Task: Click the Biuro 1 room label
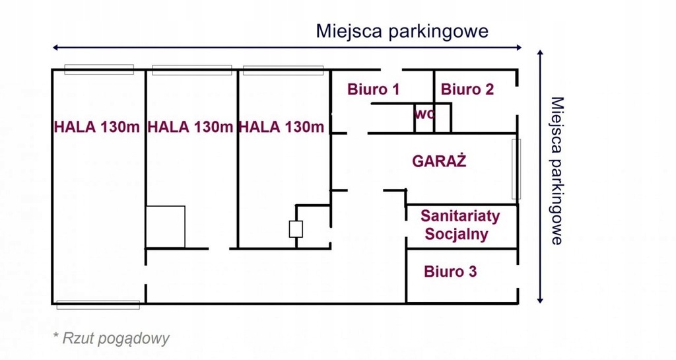click(374, 90)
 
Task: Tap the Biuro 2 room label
click(467, 90)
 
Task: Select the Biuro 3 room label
click(450, 271)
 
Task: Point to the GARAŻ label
click(439, 161)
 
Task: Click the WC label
click(424, 114)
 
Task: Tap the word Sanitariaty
click(460, 215)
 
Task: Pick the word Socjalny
click(456, 234)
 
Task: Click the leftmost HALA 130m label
click(96, 127)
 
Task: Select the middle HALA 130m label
click(190, 127)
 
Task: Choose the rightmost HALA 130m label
click(281, 127)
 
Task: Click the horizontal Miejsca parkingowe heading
click(402, 31)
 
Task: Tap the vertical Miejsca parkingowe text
click(557, 170)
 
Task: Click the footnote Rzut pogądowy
click(111, 338)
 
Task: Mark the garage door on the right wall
click(516, 169)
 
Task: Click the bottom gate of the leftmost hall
click(98, 305)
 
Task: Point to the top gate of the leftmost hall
click(99, 69)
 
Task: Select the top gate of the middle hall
click(192, 70)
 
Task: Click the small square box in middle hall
click(166, 227)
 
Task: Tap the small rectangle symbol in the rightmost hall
click(296, 229)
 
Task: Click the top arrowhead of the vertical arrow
click(540, 52)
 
